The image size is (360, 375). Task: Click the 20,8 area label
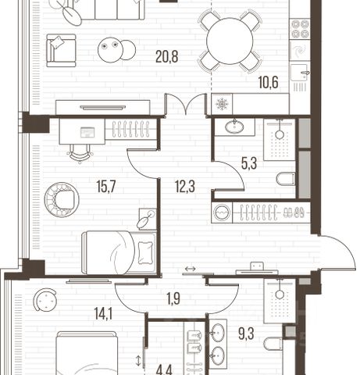[166, 57]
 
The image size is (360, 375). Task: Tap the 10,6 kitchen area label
[269, 82]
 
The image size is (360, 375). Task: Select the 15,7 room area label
[106, 186]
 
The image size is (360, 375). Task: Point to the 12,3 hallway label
[185, 186]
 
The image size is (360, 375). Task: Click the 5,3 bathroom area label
[249, 163]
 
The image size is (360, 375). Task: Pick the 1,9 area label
[173, 298]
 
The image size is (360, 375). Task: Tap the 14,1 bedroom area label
[103, 313]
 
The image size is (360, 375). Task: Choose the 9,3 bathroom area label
[246, 334]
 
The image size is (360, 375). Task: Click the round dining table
[230, 41]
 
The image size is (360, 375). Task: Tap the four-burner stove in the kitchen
[300, 29]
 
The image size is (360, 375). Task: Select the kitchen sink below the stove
[300, 73]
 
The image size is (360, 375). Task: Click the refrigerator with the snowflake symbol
[222, 104]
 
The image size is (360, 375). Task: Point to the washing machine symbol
[222, 212]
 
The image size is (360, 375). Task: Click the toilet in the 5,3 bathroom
[286, 179]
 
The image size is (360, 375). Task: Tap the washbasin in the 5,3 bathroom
[234, 127]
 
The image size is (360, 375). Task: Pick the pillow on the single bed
[145, 252]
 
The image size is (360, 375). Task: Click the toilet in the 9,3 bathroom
[273, 344]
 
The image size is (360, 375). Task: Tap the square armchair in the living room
[61, 51]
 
